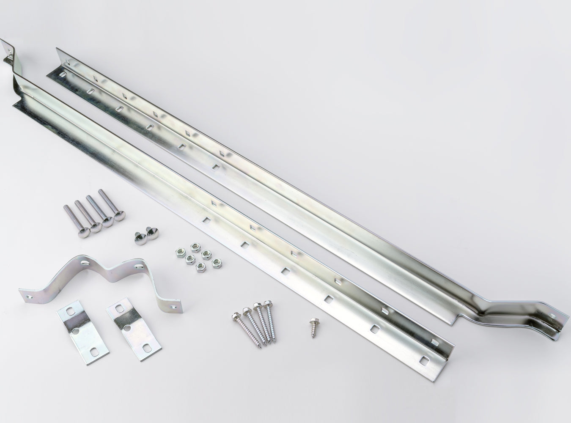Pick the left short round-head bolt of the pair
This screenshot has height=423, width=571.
click(x=139, y=238)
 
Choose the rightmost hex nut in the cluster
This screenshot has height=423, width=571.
click(x=217, y=261)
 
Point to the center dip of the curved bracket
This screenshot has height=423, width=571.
click(x=111, y=275)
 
